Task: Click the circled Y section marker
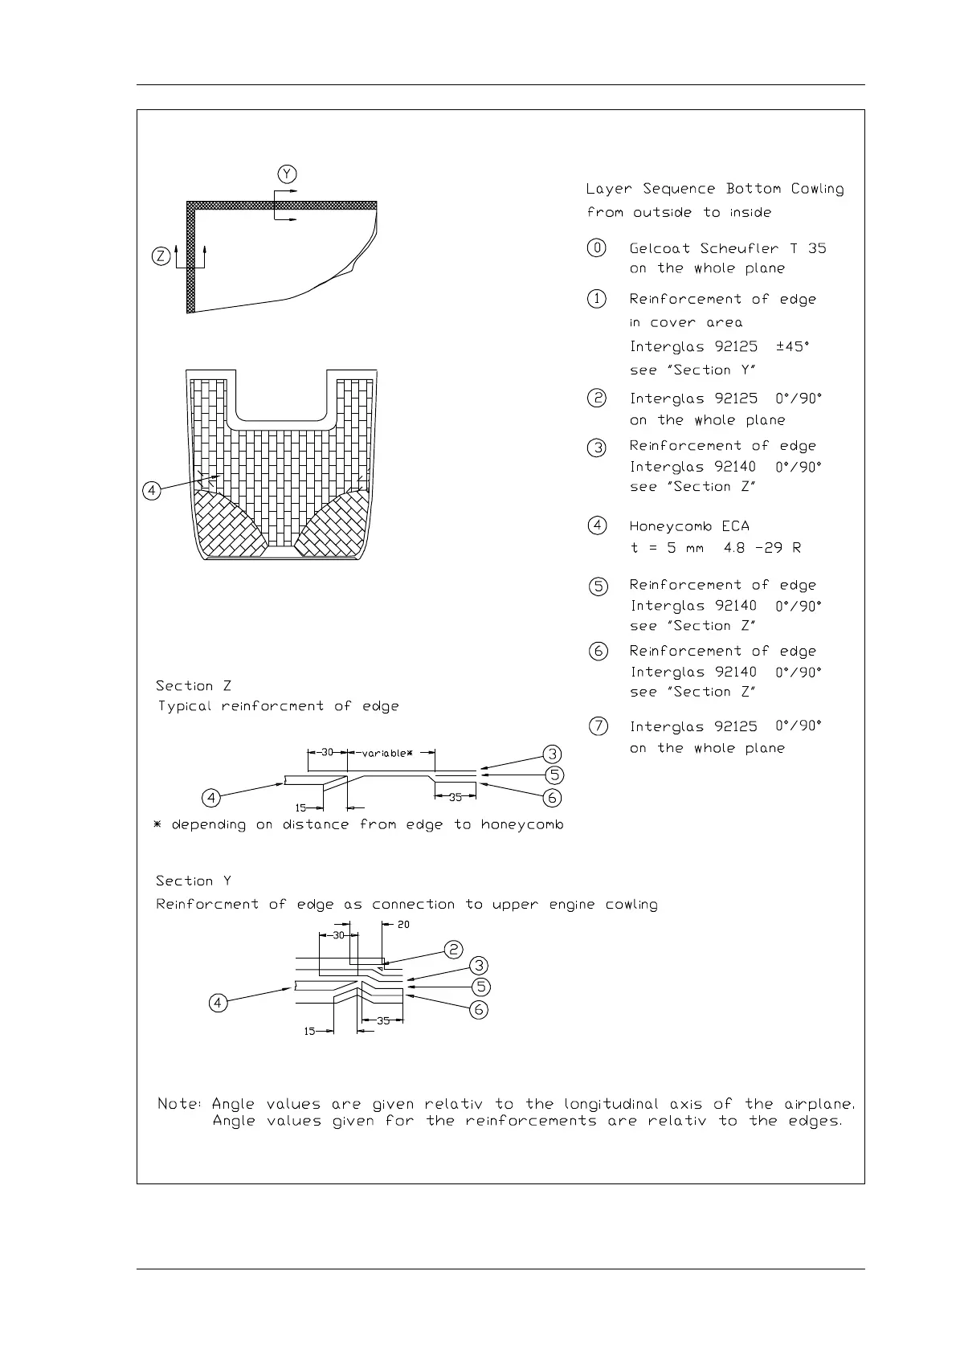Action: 288,174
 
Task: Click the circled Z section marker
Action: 161,257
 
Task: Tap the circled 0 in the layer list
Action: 597,248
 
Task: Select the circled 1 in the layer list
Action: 597,299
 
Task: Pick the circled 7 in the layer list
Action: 599,726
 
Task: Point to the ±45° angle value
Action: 793,347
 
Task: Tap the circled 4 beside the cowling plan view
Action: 152,490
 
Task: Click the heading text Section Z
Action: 194,686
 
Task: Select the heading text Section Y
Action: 194,881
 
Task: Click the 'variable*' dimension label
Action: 386,754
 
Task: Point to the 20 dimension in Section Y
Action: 403,925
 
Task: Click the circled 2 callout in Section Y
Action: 454,949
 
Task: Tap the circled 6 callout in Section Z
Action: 552,798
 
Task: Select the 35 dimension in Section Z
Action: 456,798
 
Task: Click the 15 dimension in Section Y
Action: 310,1032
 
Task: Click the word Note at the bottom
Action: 178,1105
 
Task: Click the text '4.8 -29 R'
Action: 761,548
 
